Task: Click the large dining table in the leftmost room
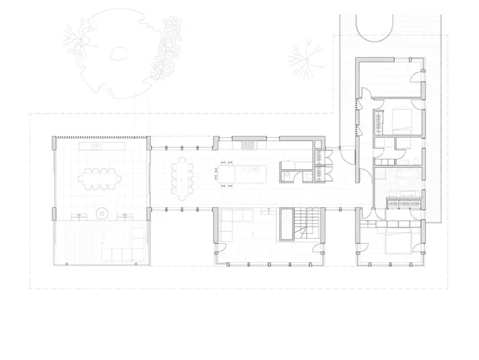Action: click(x=100, y=178)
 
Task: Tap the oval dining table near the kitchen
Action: click(x=182, y=177)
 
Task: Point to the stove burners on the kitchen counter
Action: click(x=248, y=146)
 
